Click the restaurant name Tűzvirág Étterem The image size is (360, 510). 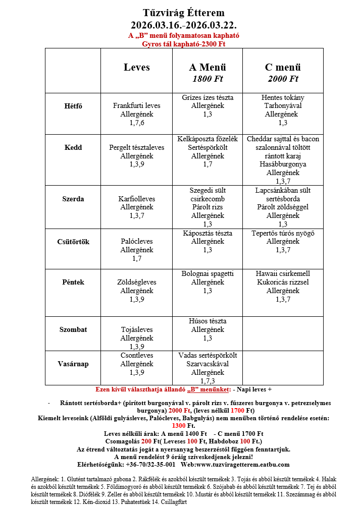[183, 13]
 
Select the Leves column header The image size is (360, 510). [137, 67]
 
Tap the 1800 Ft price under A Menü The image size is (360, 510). [208, 79]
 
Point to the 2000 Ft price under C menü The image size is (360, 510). [283, 79]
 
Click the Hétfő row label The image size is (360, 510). [73, 106]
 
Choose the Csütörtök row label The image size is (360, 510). [73, 242]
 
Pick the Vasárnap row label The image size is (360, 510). [73, 364]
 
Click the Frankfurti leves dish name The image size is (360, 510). [137, 106]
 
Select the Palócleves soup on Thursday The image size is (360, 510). [137, 242]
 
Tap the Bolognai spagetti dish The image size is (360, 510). [208, 274]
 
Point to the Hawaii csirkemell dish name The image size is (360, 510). [283, 274]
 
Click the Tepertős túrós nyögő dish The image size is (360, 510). [283, 233]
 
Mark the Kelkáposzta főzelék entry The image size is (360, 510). [208, 139]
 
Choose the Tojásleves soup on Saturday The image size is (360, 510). [137, 330]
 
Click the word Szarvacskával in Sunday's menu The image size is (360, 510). [208, 364]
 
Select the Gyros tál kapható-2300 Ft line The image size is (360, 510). [183, 44]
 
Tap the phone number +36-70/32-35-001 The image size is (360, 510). [150, 465]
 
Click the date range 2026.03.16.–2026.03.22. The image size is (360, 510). [183, 25]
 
